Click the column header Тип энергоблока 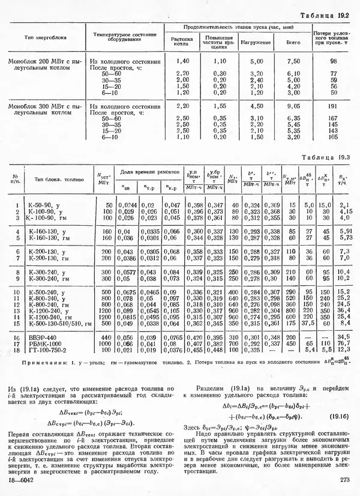click(41, 37)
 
